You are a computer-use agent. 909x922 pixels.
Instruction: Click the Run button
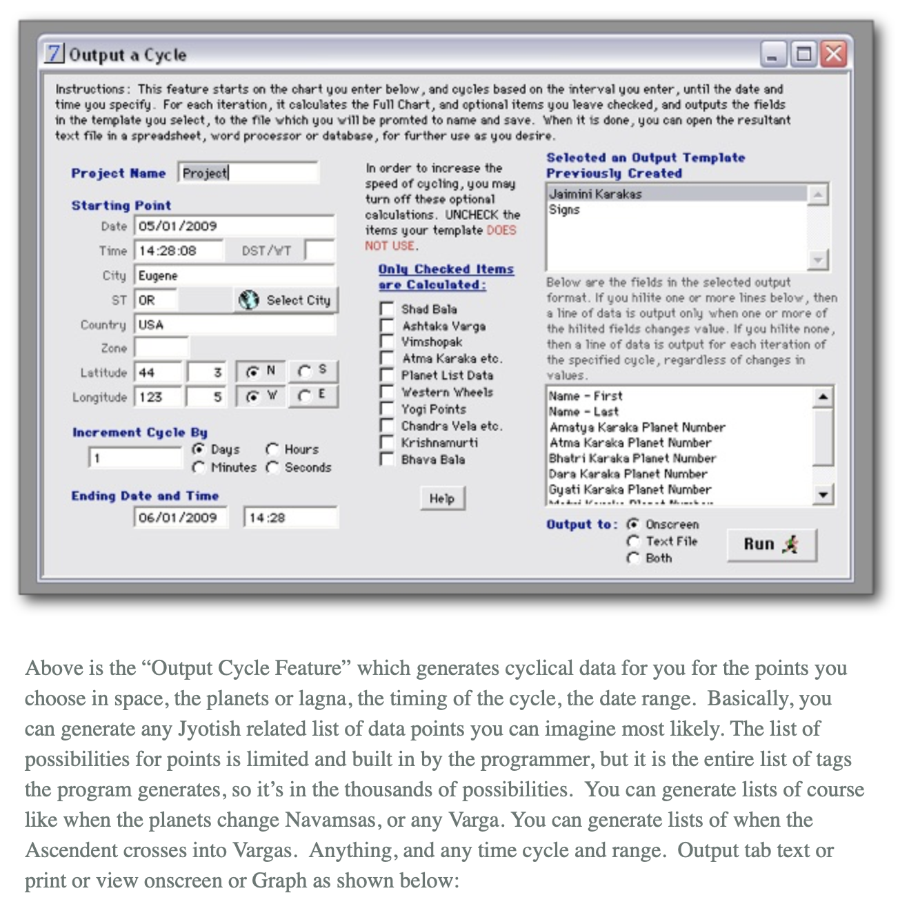pyautogui.click(x=771, y=545)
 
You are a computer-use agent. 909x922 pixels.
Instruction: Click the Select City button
pyautogui.click(x=286, y=300)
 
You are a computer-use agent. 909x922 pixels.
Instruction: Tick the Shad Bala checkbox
pyautogui.click(x=387, y=309)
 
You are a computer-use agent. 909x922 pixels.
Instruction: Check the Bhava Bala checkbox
pyautogui.click(x=387, y=460)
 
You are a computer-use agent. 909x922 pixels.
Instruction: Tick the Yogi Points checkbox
pyautogui.click(x=387, y=409)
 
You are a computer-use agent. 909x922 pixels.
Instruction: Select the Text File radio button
pyautogui.click(x=633, y=542)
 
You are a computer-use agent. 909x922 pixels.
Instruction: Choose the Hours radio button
pyautogui.click(x=272, y=449)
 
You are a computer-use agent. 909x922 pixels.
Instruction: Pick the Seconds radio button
pyautogui.click(x=272, y=467)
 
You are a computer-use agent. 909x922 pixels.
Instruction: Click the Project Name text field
pyautogui.click(x=248, y=173)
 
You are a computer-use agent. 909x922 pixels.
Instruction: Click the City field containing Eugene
pyautogui.click(x=234, y=275)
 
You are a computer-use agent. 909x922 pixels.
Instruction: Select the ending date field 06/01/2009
pyautogui.click(x=180, y=518)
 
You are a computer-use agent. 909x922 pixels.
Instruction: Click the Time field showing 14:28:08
pyautogui.click(x=179, y=251)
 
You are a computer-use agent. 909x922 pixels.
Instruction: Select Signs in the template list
pyautogui.click(x=565, y=210)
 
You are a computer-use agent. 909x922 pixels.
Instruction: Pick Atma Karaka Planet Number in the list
pyautogui.click(x=630, y=443)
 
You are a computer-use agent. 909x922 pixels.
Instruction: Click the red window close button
pyautogui.click(x=834, y=54)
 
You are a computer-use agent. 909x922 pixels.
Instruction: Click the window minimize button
pyautogui.click(x=772, y=54)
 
